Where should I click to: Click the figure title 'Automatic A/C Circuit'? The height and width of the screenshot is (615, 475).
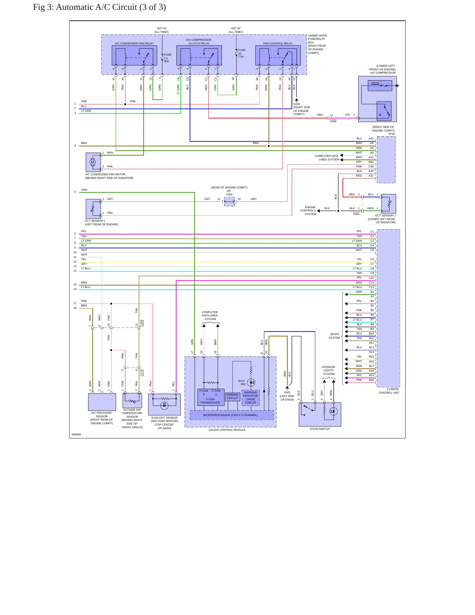pos(96,7)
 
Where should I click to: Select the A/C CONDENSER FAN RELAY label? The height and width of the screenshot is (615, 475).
pos(134,43)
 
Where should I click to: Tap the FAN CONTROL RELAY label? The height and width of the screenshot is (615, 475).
pos(278,43)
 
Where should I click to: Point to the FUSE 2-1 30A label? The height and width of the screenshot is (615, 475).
pos(168,58)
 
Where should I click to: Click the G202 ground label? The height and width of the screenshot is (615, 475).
pos(297,104)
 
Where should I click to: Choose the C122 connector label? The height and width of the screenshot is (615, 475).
pos(333,120)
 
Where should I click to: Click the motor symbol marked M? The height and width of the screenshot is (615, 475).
pos(93,162)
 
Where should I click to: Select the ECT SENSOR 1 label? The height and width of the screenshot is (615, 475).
pos(95,221)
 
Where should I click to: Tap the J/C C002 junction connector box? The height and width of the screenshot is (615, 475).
pos(229,202)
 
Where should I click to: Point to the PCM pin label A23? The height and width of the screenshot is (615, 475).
pos(371,139)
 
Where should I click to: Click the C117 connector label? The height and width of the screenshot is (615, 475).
pos(356,213)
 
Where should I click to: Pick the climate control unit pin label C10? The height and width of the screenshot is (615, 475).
pos(371,278)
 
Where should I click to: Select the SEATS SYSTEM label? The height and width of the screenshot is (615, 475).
pos(335,336)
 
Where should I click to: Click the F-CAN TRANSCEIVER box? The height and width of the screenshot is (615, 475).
pos(211,397)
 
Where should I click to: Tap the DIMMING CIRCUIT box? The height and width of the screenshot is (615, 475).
pos(232,397)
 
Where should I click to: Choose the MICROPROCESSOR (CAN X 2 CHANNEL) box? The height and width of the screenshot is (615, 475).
pos(231,415)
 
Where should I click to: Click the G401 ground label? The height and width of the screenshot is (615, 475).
pos(287,392)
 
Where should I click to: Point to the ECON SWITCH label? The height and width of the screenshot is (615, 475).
pos(320,429)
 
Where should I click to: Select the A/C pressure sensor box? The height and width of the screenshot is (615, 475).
pos(102,402)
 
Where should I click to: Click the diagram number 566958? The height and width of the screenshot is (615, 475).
pos(76,434)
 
